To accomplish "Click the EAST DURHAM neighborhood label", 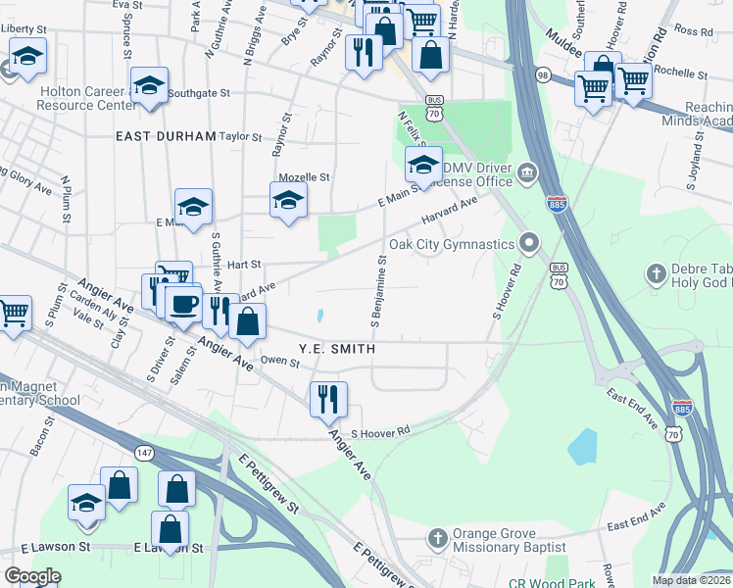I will click(165, 136).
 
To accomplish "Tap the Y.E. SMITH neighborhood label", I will click(337, 349).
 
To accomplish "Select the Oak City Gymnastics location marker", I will click(530, 242).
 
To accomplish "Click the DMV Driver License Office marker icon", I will click(526, 173).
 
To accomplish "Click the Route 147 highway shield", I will click(144, 452).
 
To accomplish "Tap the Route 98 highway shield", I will click(542, 74).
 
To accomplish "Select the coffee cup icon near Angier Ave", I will click(182, 303).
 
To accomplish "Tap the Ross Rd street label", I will click(694, 31).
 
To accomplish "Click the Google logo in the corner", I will click(32, 576).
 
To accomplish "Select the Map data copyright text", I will click(691, 580).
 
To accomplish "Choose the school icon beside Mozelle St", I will click(288, 200).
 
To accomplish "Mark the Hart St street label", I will click(244, 265).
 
